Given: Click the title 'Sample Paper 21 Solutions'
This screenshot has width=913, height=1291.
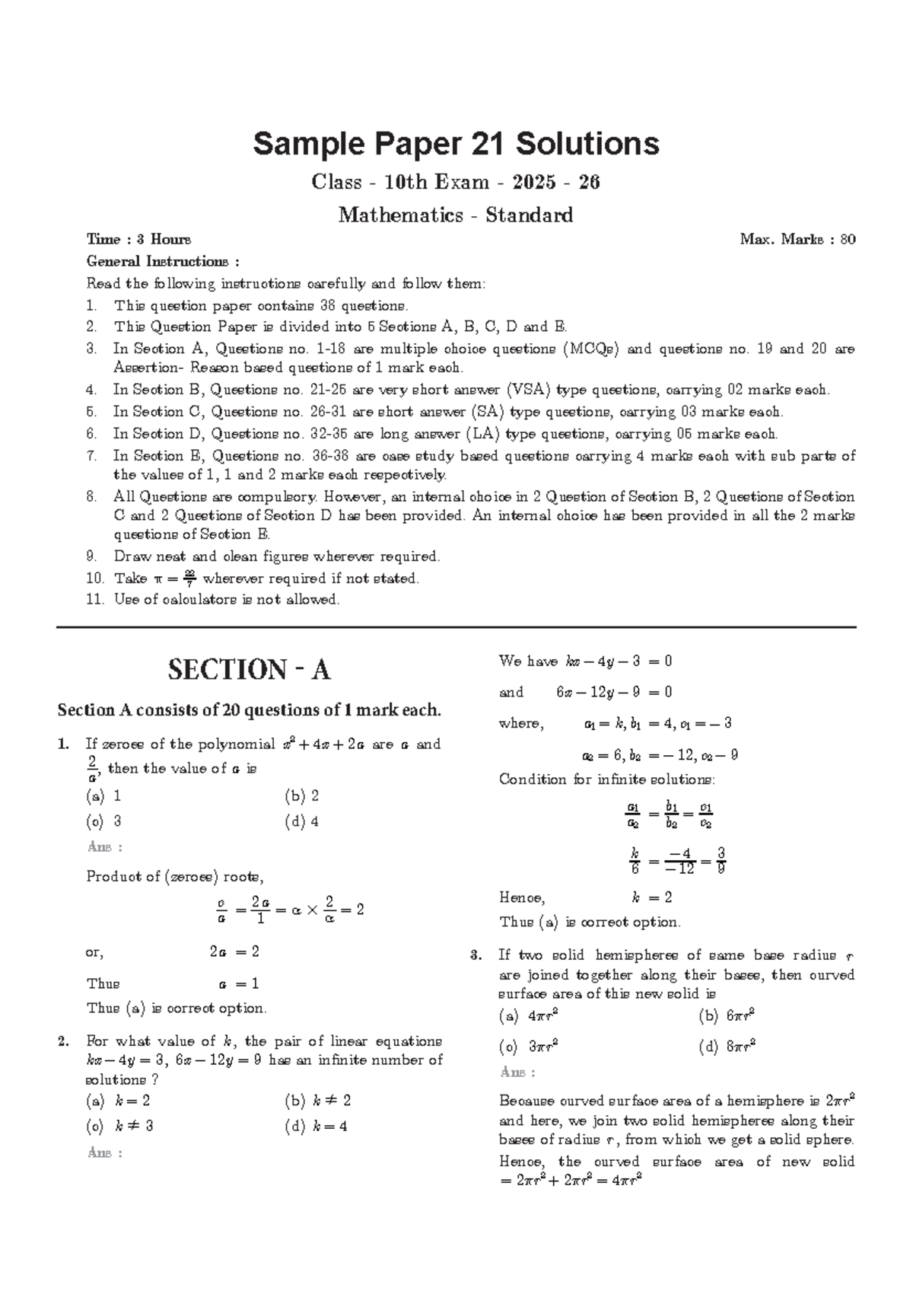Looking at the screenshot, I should [456, 143].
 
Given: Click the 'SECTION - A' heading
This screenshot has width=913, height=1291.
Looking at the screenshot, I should [249, 670].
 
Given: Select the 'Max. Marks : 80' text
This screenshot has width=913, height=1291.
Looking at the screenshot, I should [797, 240].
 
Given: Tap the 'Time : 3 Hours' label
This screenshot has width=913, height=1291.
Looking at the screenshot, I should [138, 240].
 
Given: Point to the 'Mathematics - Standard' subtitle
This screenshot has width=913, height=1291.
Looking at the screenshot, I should [456, 215].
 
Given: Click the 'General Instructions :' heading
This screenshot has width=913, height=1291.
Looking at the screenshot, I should [163, 262].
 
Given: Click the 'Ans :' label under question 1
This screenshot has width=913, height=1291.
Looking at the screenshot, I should [105, 847].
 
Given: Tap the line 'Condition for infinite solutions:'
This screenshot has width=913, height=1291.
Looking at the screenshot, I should [606, 779].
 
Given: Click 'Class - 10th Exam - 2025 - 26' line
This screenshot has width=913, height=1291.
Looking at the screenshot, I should [456, 183].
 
